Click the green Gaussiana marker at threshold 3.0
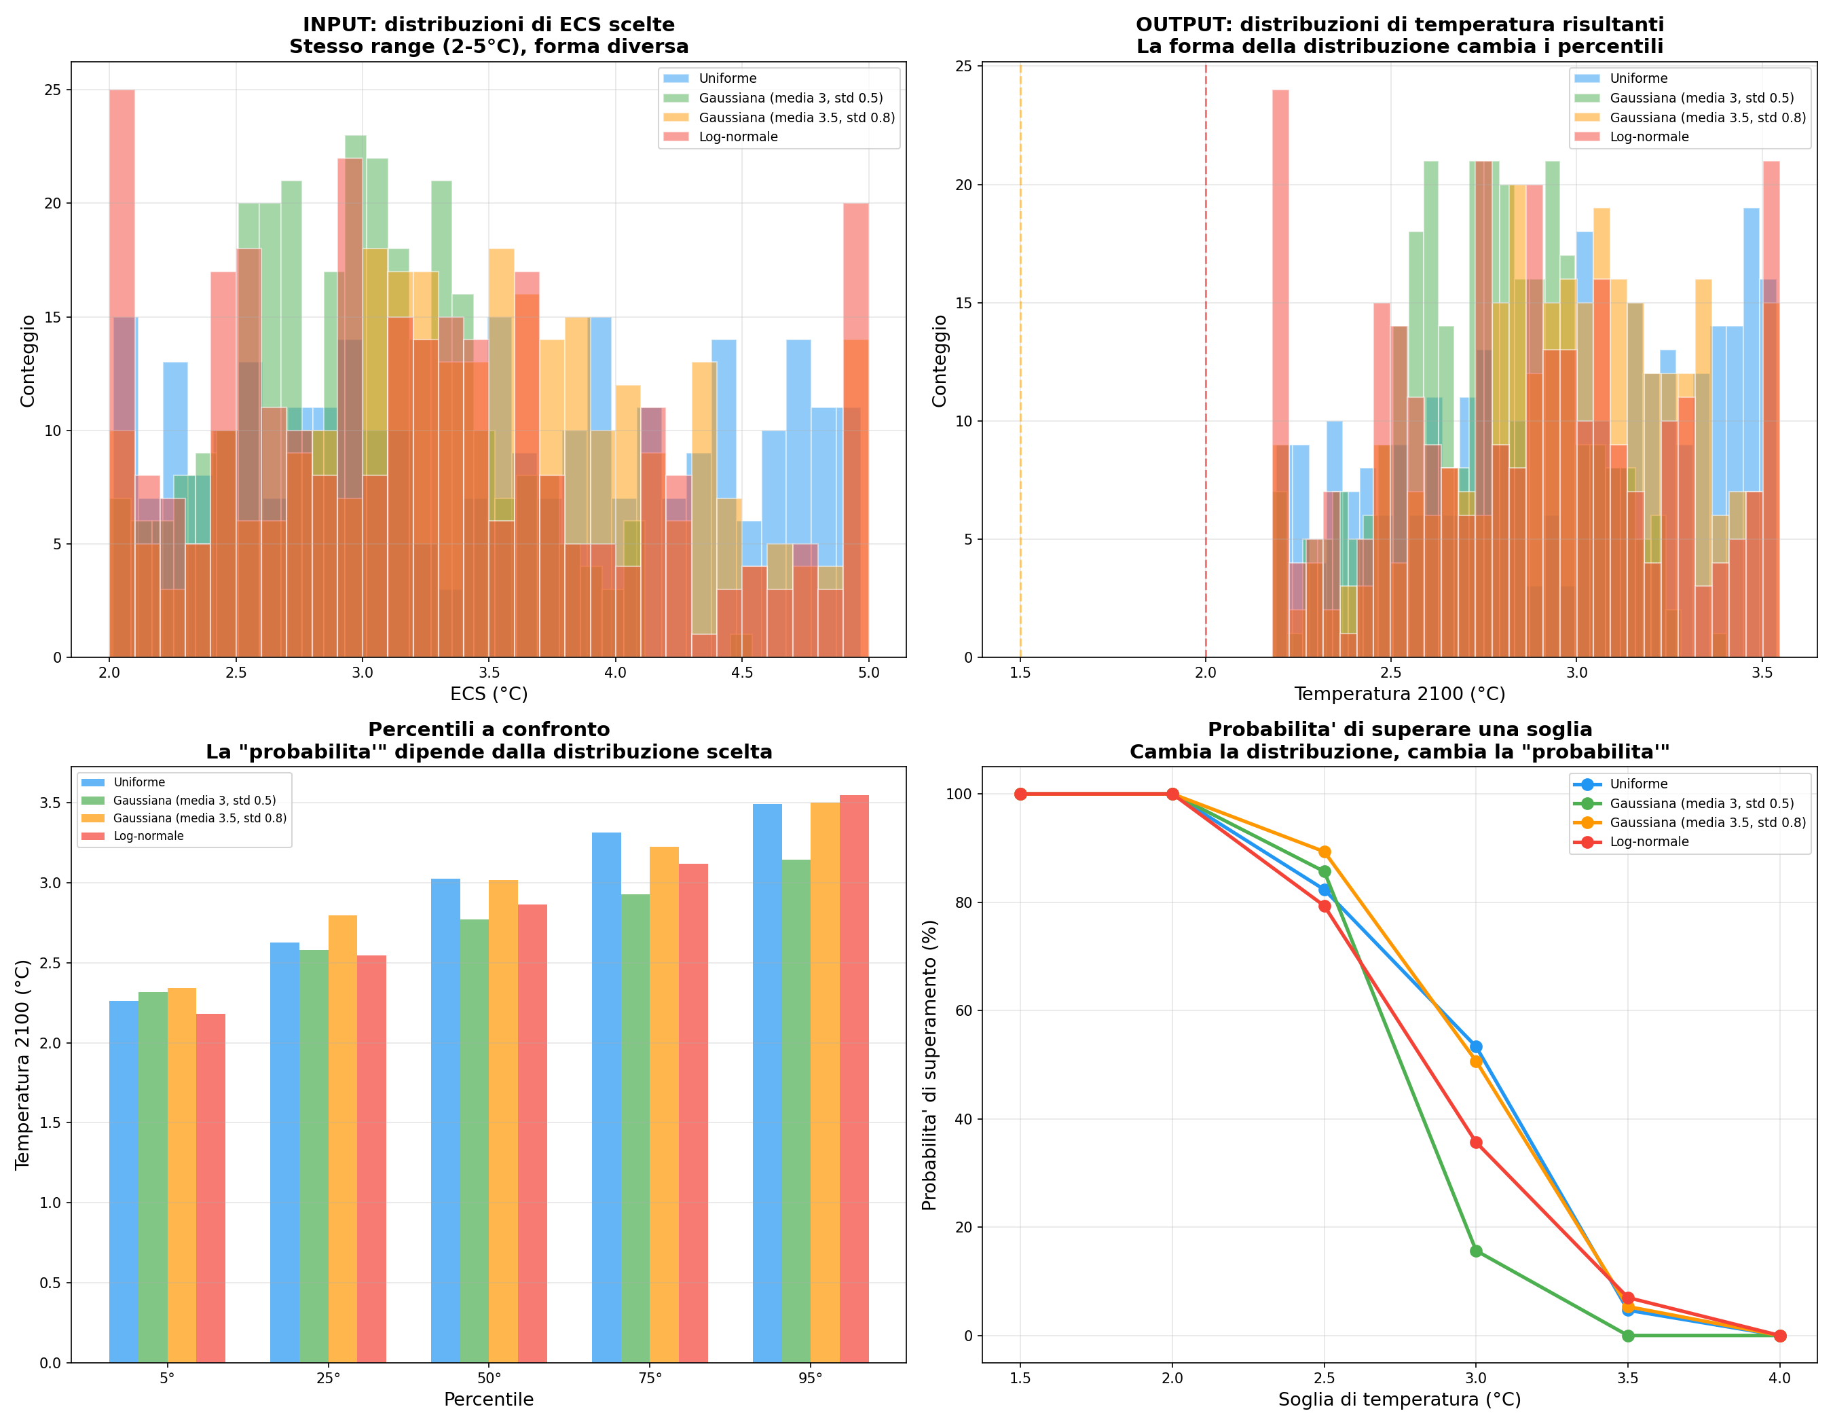point(1475,1251)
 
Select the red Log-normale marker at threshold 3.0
point(1475,1142)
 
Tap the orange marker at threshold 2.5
point(1325,852)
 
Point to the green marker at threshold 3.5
point(1627,1336)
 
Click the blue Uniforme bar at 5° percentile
point(124,1175)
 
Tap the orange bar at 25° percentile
point(342,1133)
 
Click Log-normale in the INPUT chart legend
point(738,136)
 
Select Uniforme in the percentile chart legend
point(139,782)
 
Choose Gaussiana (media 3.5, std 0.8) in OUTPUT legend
point(1707,117)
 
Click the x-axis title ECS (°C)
point(489,694)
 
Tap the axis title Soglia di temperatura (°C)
point(1399,1399)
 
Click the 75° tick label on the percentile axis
point(650,1377)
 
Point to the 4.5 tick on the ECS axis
point(742,672)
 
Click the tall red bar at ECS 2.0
point(122,252)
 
